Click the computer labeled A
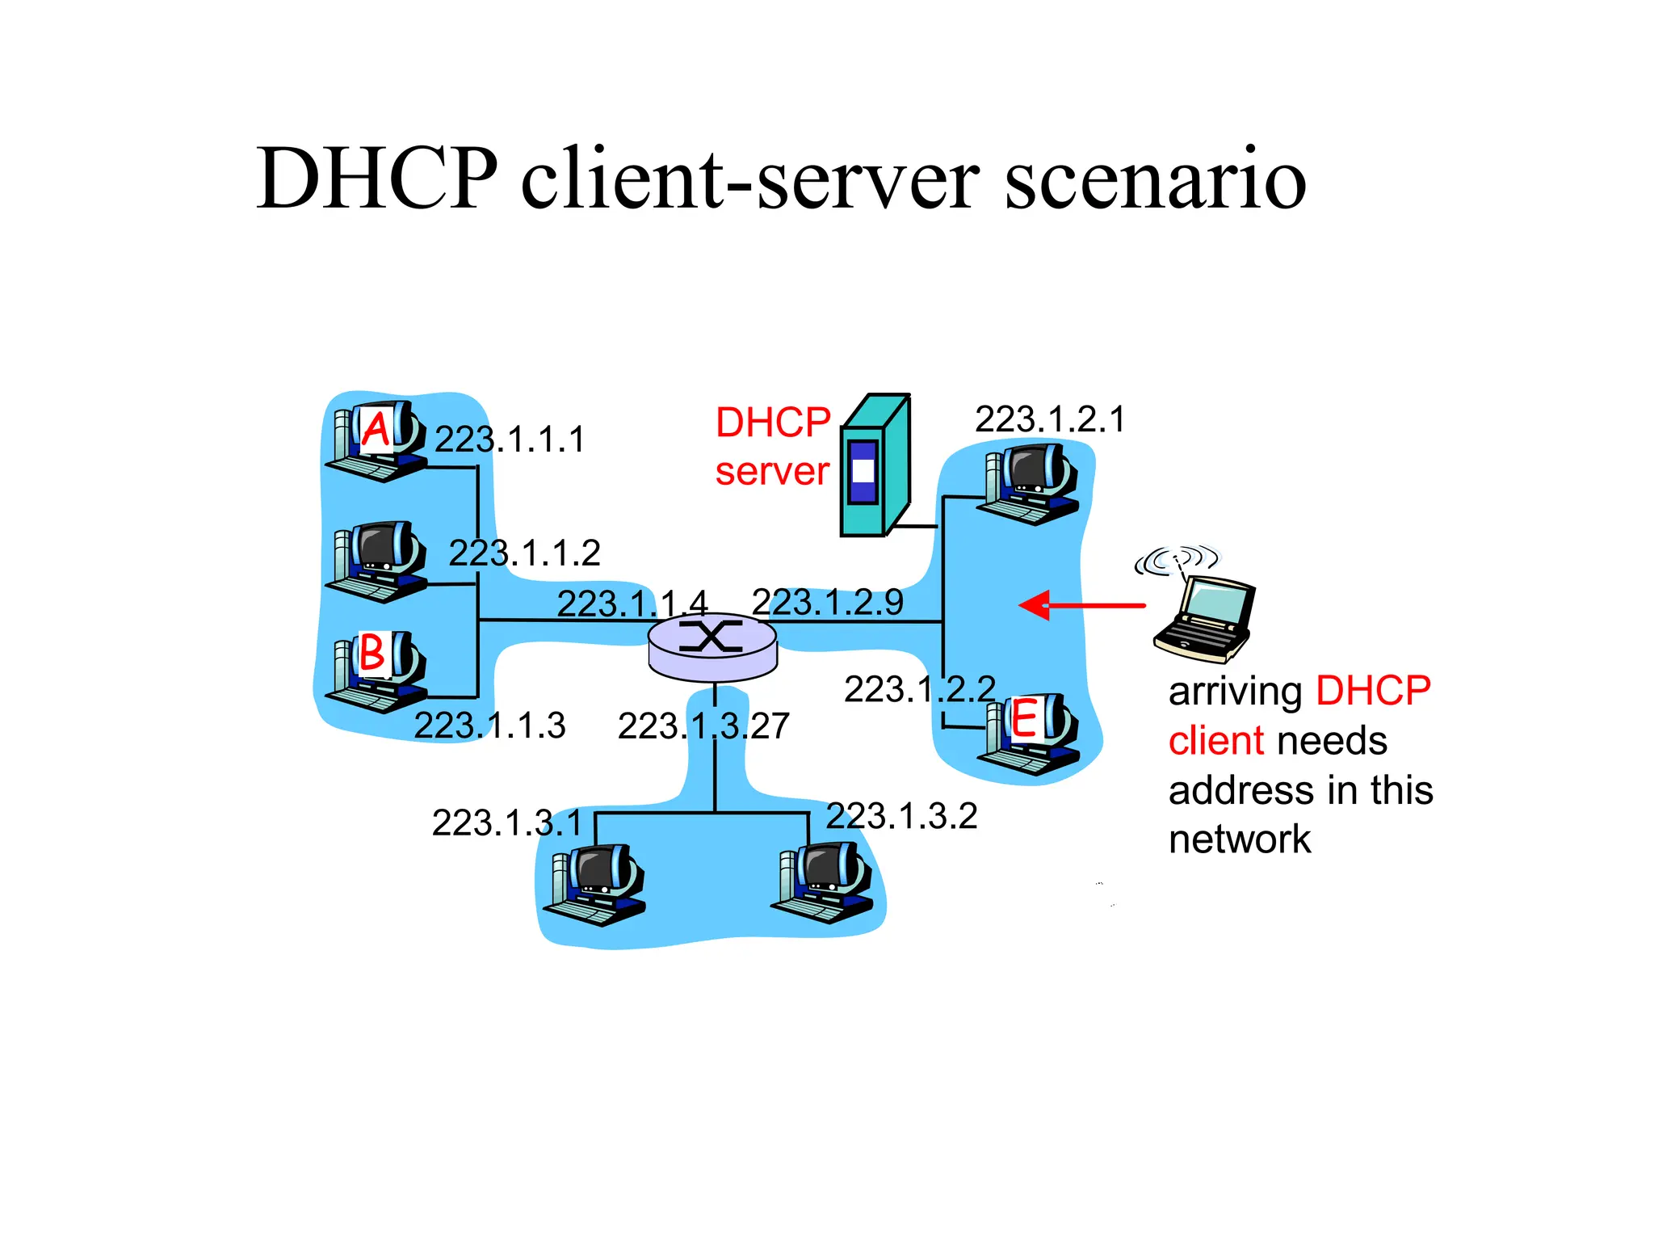click(x=376, y=441)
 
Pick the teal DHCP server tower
click(x=875, y=467)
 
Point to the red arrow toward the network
click(x=1081, y=605)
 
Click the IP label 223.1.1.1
click(x=509, y=440)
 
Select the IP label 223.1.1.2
click(x=524, y=553)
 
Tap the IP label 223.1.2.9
click(x=827, y=602)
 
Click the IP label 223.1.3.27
click(x=703, y=726)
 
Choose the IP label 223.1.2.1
click(x=1049, y=419)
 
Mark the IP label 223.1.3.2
click(x=901, y=816)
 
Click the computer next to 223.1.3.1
click(x=595, y=886)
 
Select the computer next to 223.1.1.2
click(x=376, y=561)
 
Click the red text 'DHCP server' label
click(x=773, y=446)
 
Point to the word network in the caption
click(x=1239, y=839)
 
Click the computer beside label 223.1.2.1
click(x=1029, y=485)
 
